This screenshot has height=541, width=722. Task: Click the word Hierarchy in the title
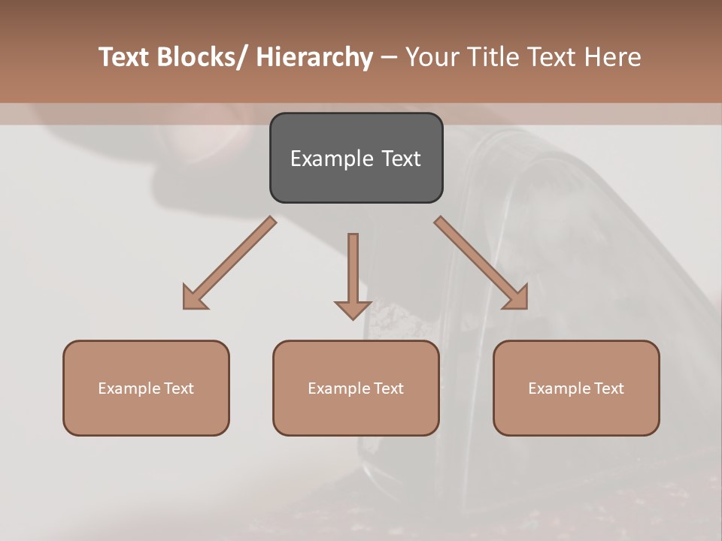point(314,57)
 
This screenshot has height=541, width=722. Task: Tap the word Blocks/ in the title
point(201,57)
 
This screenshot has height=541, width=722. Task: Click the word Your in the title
point(432,57)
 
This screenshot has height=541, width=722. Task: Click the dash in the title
point(389,58)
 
